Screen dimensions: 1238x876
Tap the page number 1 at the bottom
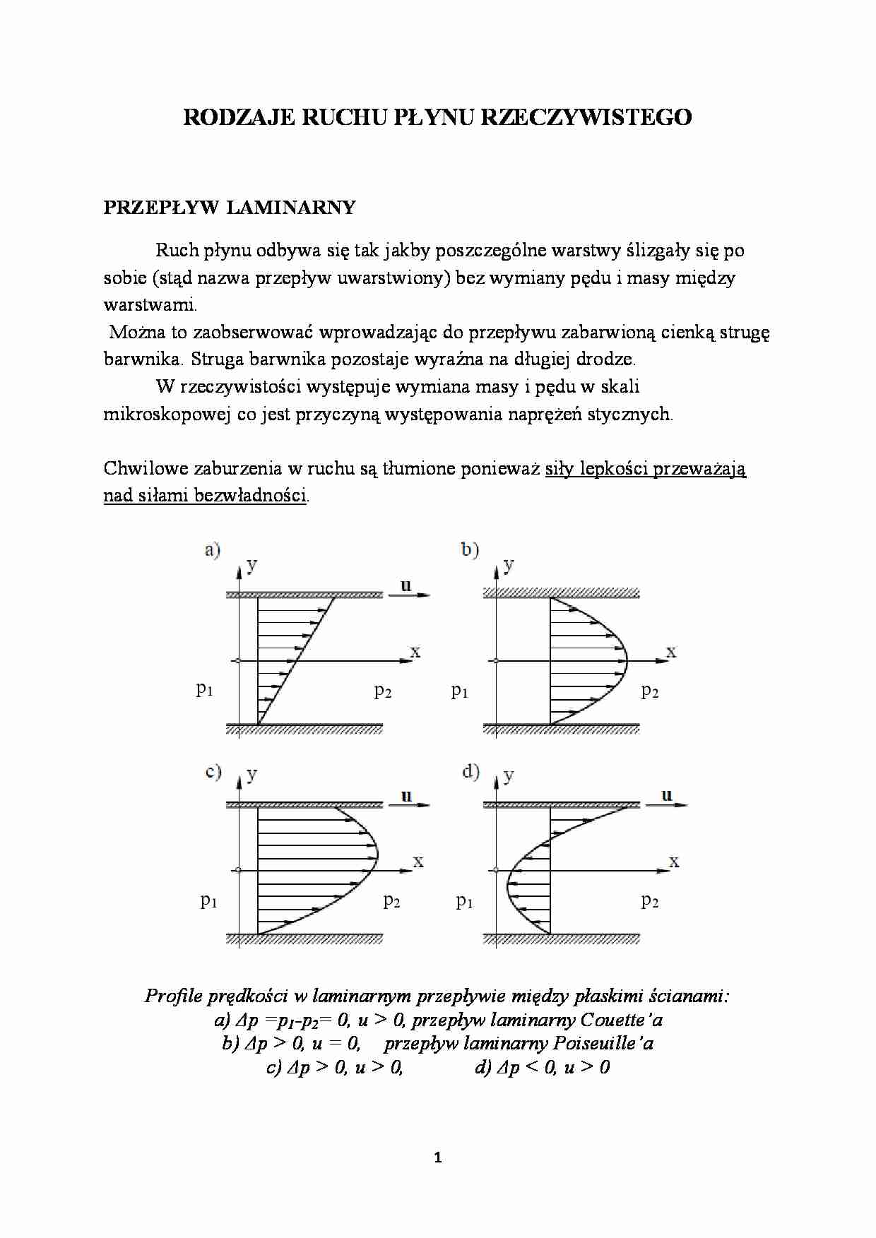tap(437, 1157)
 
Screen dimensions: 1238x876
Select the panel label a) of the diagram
tap(212, 549)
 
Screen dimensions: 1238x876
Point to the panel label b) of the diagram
tap(470, 549)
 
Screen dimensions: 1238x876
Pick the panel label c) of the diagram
tap(213, 771)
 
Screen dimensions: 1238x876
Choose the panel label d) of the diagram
tap(470, 771)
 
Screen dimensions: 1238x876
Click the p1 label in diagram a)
tap(204, 689)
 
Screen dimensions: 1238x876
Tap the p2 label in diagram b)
tap(650, 691)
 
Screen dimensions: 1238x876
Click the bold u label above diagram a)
tap(406, 585)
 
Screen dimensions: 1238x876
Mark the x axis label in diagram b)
tap(671, 652)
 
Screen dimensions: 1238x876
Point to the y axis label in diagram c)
tap(252, 775)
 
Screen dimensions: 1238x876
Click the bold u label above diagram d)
tap(666, 795)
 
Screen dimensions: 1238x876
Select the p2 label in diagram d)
tap(650, 900)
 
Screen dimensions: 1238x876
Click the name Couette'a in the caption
tap(621, 1020)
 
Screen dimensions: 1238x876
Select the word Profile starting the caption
tap(170, 996)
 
